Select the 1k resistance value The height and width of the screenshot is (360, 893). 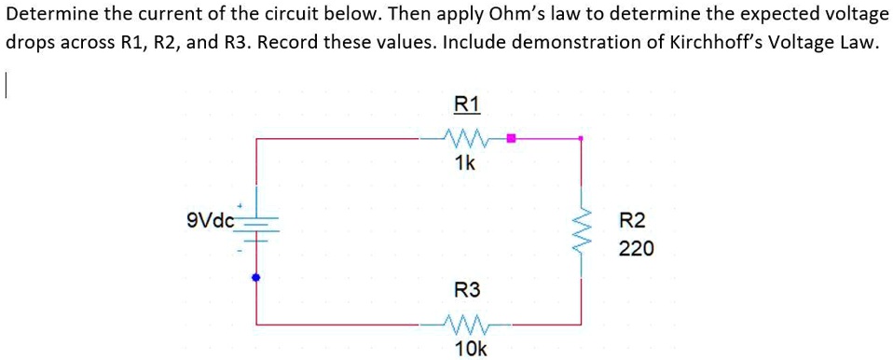(x=464, y=164)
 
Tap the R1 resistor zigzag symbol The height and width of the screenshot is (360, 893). (x=464, y=139)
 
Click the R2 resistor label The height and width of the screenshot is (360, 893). (x=632, y=221)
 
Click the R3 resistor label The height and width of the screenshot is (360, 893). (x=466, y=290)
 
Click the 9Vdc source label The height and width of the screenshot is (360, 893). (x=211, y=221)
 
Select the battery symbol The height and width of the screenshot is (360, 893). (x=256, y=227)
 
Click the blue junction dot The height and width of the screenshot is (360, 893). (x=256, y=277)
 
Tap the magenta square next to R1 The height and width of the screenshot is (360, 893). (x=511, y=139)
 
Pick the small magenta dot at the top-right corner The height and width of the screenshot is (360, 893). (x=582, y=139)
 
